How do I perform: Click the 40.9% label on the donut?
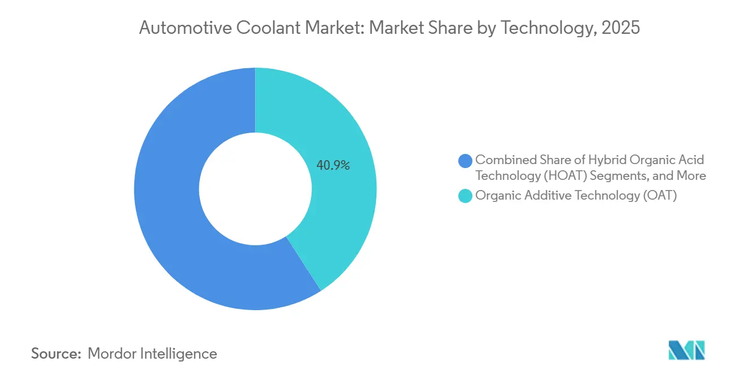[333, 166]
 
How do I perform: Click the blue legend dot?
[466, 161]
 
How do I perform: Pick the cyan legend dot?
[466, 196]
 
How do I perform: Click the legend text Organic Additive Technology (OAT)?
[576, 196]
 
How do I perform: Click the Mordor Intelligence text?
[152, 354]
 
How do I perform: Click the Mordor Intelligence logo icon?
[686, 350]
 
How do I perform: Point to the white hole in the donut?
[255, 189]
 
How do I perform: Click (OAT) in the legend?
[660, 196]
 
